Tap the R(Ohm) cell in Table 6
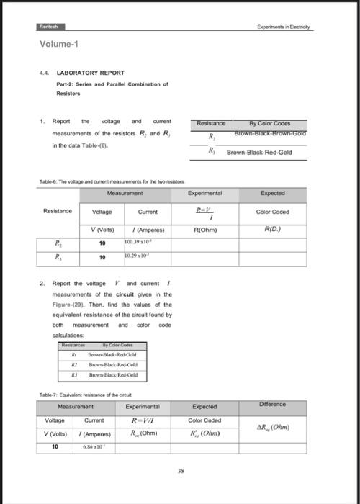pos(206,230)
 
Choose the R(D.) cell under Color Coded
pos(271,230)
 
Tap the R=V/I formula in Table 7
pos(146,420)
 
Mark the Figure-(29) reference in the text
pos(68,315)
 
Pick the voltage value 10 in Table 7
pos(55,447)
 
